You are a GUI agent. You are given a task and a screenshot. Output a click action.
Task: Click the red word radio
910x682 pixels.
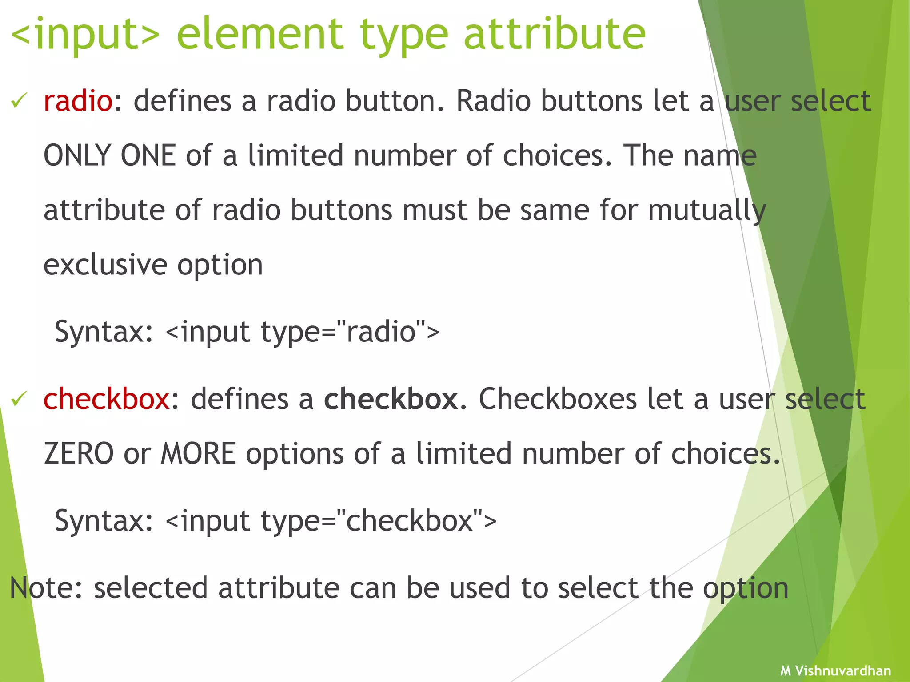[78, 101]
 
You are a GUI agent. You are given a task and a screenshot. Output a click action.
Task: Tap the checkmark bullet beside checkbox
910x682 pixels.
[19, 398]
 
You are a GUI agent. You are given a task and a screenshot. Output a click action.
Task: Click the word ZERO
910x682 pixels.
[79, 454]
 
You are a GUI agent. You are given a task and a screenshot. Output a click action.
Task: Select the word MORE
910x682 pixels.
[198, 454]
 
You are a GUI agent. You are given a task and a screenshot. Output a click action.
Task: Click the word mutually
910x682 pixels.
[706, 211]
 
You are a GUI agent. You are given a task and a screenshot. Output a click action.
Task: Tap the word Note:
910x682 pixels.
[46, 588]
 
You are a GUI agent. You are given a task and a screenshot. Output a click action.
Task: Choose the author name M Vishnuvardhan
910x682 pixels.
[835, 670]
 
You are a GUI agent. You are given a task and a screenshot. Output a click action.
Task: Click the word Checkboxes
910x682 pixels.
[558, 399]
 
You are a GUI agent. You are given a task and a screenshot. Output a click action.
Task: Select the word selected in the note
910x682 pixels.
[151, 588]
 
